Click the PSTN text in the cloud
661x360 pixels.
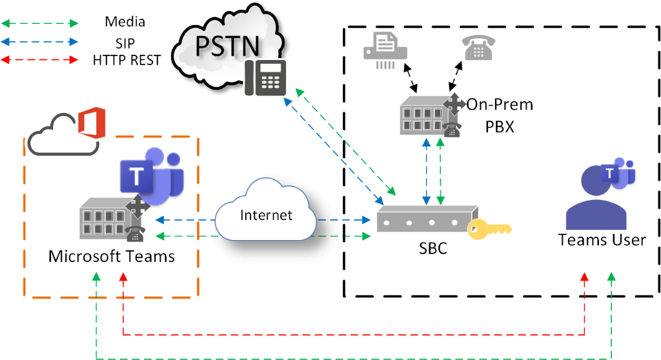coord(219,46)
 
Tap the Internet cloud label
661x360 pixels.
coord(266,215)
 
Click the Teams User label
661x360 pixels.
coord(602,240)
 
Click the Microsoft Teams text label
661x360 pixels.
coord(112,257)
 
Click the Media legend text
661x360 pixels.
coord(125,22)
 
